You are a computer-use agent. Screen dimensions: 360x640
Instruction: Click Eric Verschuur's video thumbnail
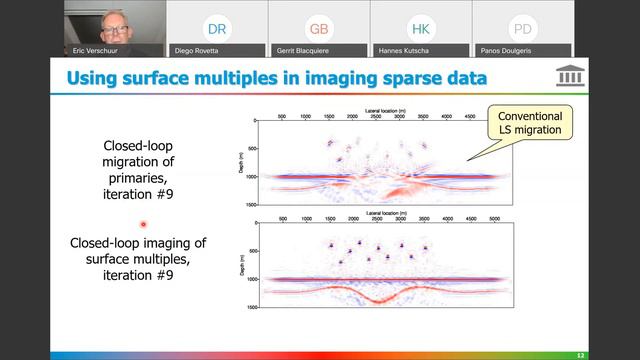(x=112, y=28)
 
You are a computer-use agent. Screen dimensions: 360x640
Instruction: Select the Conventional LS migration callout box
(x=531, y=124)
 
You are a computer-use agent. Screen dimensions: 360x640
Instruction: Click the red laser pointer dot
(x=144, y=225)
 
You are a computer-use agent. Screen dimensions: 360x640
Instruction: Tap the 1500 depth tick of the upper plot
(x=251, y=203)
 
